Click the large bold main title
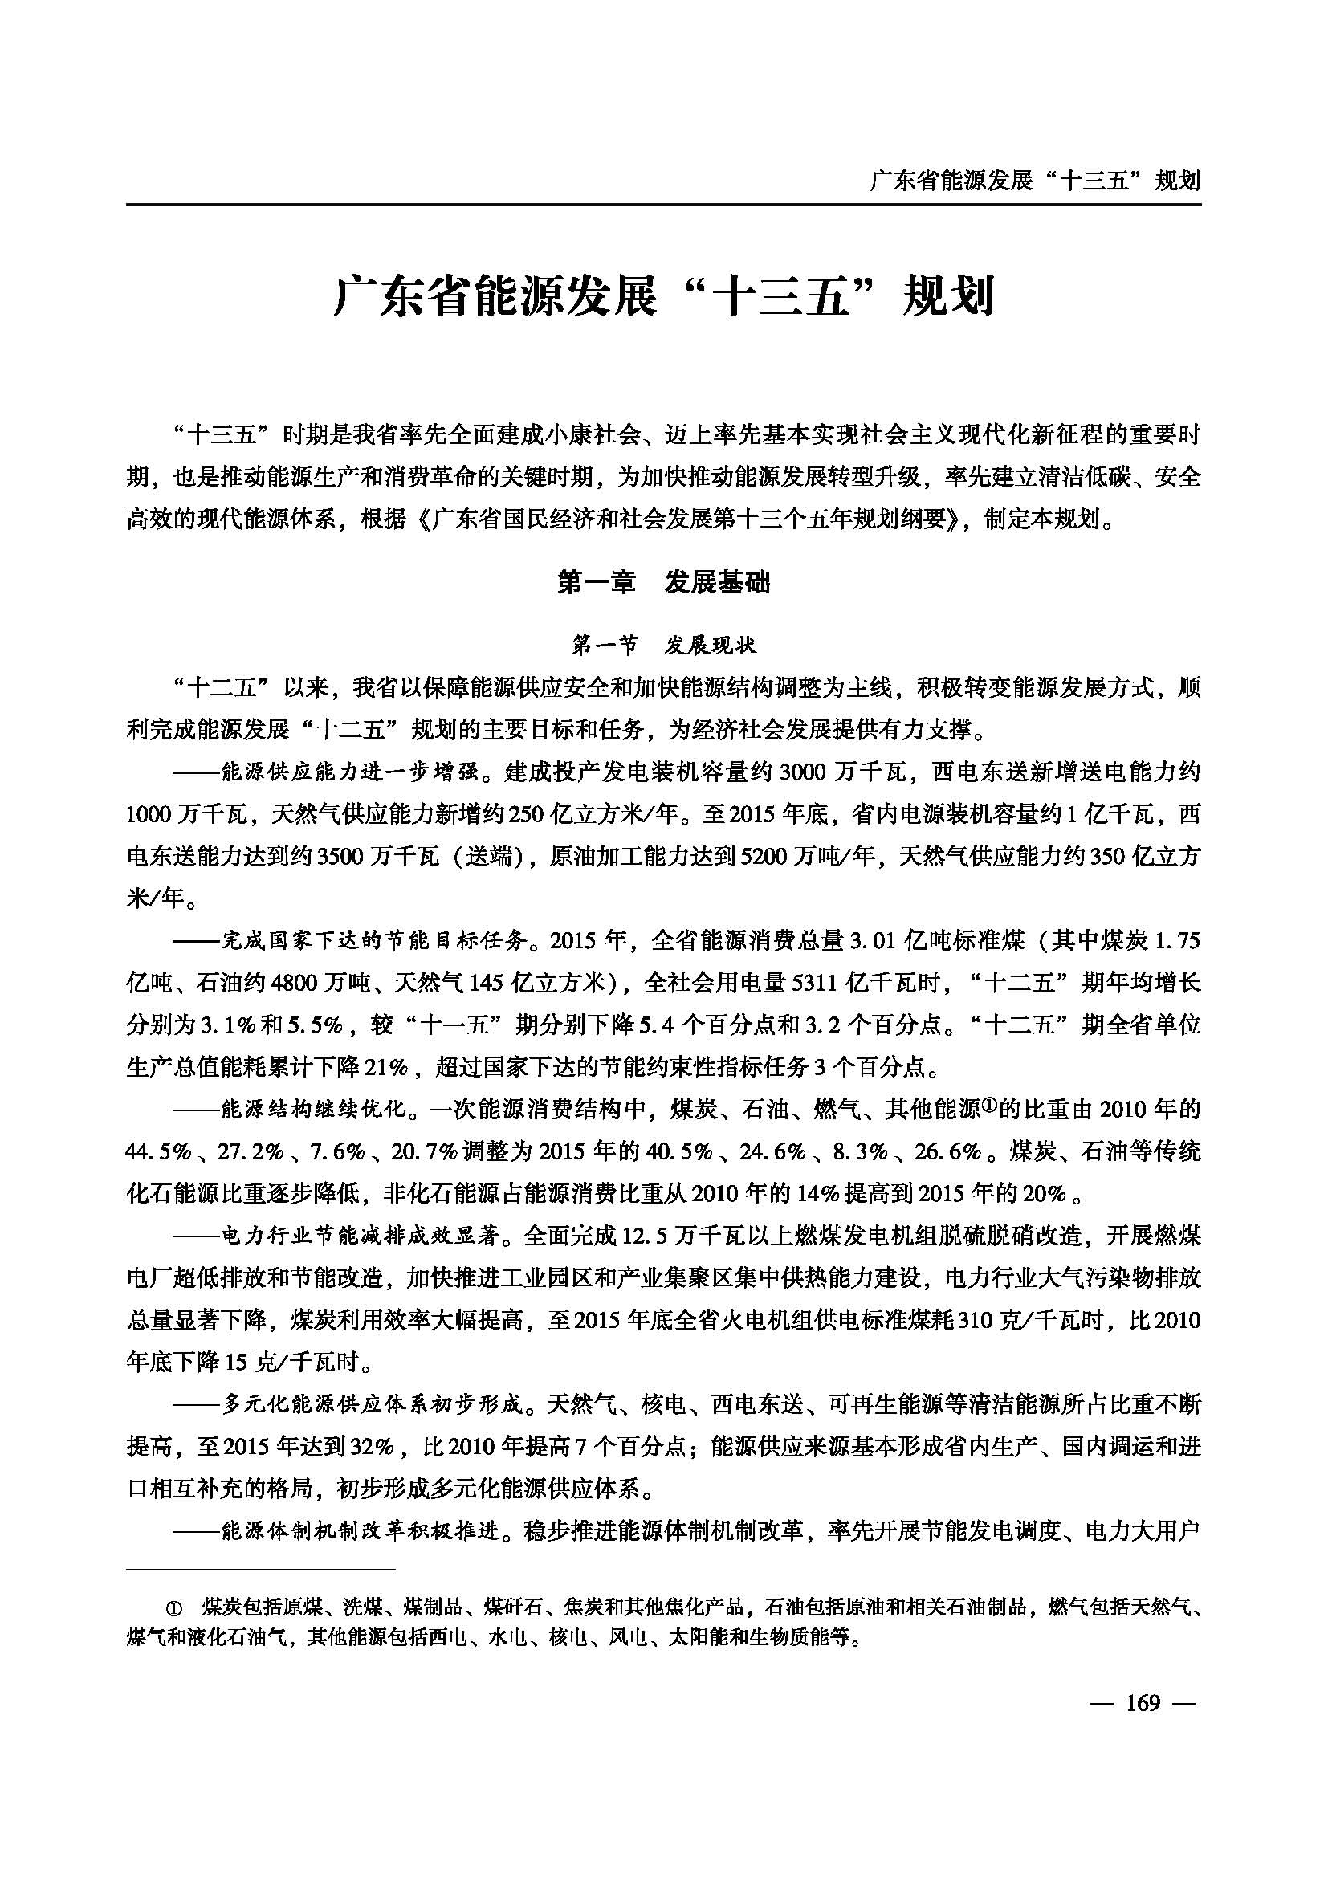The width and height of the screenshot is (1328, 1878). click(663, 297)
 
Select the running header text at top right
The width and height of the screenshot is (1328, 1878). click(1035, 180)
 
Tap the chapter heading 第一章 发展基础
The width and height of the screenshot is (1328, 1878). click(663, 582)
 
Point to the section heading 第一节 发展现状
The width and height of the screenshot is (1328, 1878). click(663, 646)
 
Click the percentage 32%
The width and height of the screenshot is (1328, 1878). click(373, 1446)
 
